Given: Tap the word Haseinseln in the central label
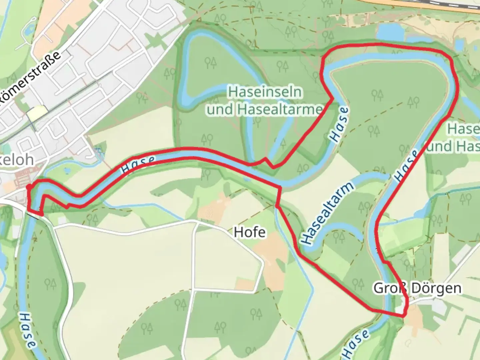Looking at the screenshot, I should pyautogui.click(x=265, y=92).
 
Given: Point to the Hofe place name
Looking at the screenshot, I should pyautogui.click(x=250, y=232).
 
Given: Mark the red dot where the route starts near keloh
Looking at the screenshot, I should pyautogui.click(x=29, y=187).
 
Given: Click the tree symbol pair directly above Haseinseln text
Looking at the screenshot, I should pyautogui.click(x=210, y=62).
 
